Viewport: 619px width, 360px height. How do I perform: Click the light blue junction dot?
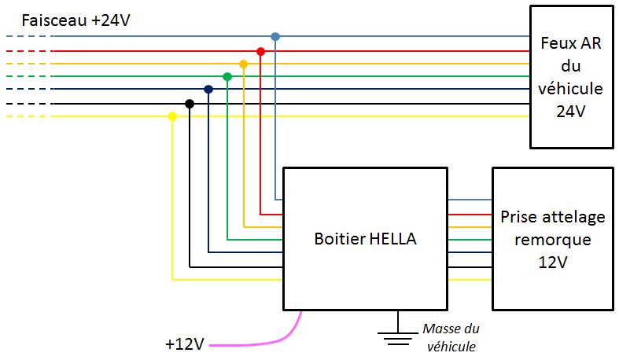(275, 36)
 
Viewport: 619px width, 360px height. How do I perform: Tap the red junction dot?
(260, 50)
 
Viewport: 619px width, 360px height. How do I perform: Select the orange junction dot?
(243, 64)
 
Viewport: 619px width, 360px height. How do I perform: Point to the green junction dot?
(227, 77)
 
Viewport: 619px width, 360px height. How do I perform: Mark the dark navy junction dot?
(208, 90)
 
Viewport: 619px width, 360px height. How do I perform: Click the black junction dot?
(190, 103)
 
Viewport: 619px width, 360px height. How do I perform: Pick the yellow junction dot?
(172, 116)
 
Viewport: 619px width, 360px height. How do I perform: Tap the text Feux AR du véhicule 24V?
(570, 77)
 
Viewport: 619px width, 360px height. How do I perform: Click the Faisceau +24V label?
(76, 20)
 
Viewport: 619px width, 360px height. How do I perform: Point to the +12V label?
(185, 343)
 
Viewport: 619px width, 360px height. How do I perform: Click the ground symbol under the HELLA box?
(397, 336)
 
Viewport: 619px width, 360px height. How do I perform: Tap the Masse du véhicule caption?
(451, 337)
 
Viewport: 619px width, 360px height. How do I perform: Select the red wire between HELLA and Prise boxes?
(470, 213)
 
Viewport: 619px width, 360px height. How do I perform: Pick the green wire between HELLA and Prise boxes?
(470, 240)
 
